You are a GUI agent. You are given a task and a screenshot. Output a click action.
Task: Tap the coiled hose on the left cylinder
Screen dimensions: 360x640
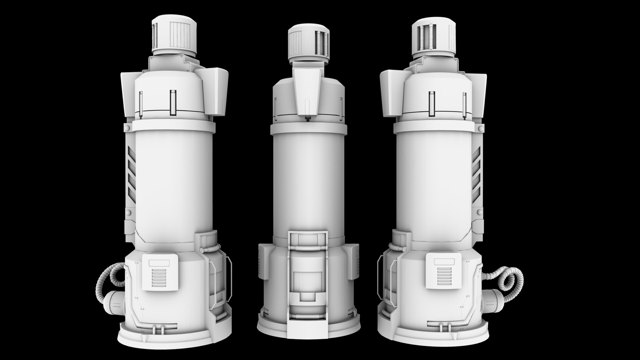tap(107, 273)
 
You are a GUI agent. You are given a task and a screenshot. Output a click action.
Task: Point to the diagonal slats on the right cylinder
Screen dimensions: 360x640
tap(476, 175)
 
